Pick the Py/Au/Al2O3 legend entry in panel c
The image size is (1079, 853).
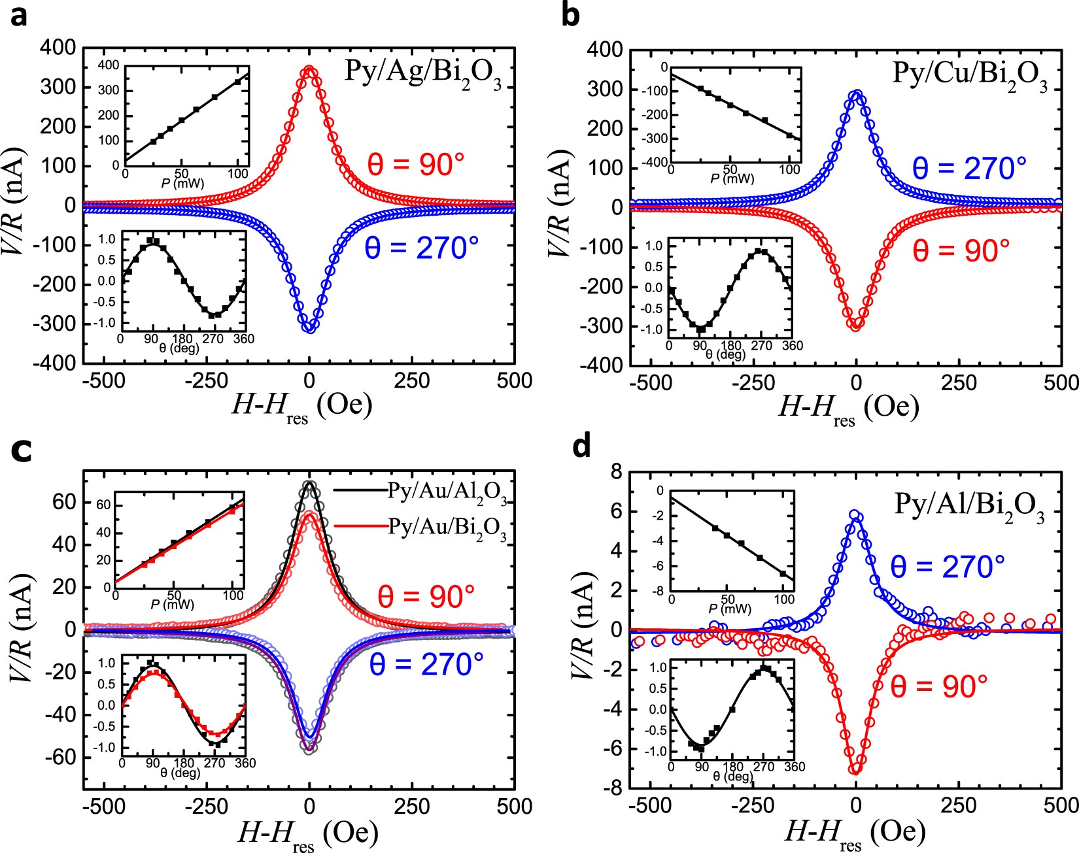[447, 492]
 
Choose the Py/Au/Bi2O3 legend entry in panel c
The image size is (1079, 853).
[447, 528]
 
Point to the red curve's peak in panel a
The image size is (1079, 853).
[309, 69]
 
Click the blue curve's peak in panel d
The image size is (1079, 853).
[855, 515]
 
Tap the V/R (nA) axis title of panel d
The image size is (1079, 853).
[583, 627]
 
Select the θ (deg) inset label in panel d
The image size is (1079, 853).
[732, 776]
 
